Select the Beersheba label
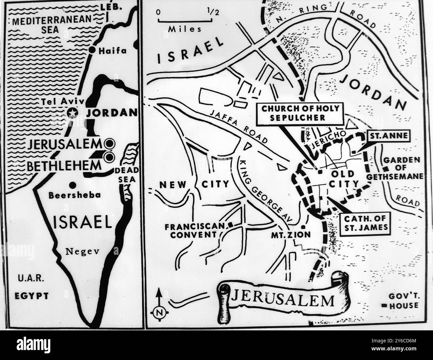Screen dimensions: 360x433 tap(74, 195)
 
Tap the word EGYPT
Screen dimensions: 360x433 tap(32, 296)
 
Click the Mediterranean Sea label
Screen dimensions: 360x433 tap(51, 24)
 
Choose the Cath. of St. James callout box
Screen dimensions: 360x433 tap(365, 223)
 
